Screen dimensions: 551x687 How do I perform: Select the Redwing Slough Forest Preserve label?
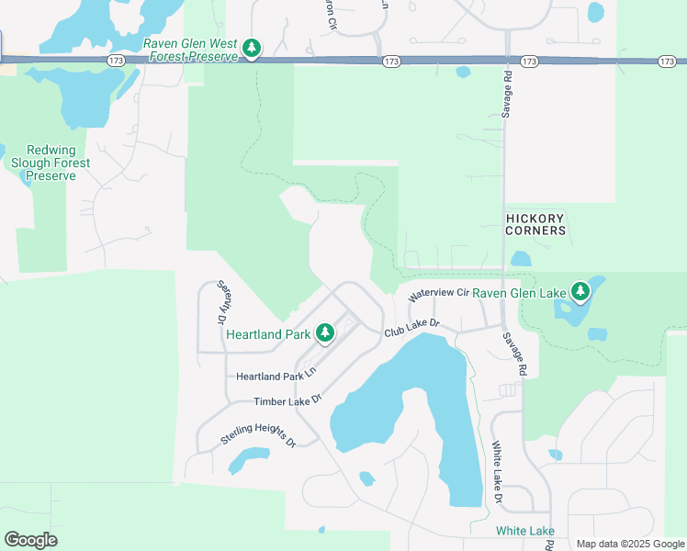(58, 163)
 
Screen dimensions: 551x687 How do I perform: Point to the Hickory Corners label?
(535, 224)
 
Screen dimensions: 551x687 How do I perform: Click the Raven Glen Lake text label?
(519, 293)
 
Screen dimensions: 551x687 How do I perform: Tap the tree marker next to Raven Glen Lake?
(580, 292)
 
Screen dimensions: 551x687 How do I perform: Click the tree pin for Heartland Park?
(324, 333)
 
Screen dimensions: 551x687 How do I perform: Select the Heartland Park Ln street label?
(276, 376)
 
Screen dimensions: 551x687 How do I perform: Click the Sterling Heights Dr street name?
(258, 435)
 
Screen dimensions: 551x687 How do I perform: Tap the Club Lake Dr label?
(413, 328)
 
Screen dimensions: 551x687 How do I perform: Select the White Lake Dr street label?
(497, 472)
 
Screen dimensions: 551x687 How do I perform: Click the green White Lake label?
(524, 531)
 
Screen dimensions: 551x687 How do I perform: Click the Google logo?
(30, 539)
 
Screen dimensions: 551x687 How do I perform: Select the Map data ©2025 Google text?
(630, 544)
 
